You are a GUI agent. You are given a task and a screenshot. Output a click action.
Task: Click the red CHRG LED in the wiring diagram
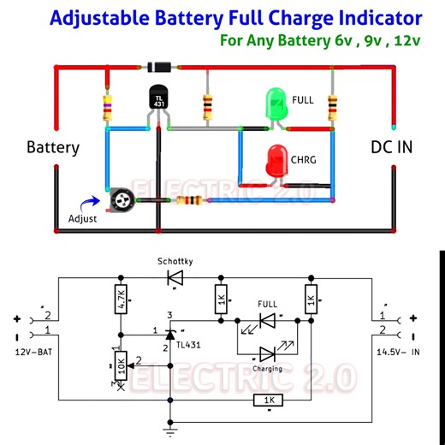coord(276,161)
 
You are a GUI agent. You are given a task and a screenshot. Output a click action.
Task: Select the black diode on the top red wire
coord(160,66)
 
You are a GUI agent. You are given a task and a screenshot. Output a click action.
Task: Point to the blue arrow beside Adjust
coord(88,204)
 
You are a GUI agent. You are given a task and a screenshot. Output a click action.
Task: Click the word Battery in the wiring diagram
coord(53,147)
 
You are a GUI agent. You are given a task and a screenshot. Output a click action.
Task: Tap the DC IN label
coord(391,147)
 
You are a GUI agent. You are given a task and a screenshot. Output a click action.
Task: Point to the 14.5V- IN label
coord(400,352)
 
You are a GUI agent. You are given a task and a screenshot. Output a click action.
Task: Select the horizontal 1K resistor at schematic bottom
coord(268,400)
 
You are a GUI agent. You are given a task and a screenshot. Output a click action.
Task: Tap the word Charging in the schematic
coord(267,371)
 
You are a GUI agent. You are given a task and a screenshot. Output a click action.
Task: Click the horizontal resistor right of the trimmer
coord(188,201)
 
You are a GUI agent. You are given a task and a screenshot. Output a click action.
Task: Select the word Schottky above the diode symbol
coord(175,259)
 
